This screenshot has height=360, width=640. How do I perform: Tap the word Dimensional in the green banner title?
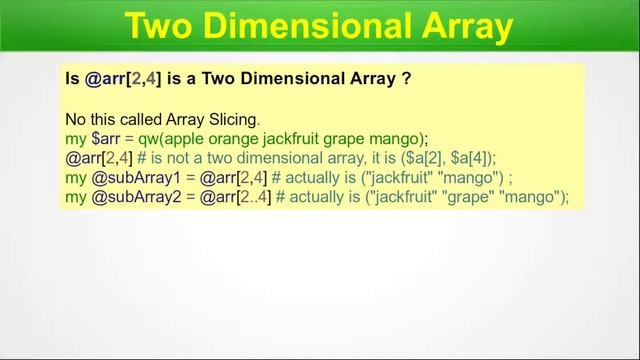(307, 27)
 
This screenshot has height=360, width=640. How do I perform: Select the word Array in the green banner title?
(465, 27)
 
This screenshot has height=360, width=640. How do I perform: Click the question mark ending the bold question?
(406, 77)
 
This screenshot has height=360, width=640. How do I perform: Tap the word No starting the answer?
(76, 119)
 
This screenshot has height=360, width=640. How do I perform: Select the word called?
(131, 119)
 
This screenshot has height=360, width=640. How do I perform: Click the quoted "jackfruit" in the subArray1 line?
(407, 177)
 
